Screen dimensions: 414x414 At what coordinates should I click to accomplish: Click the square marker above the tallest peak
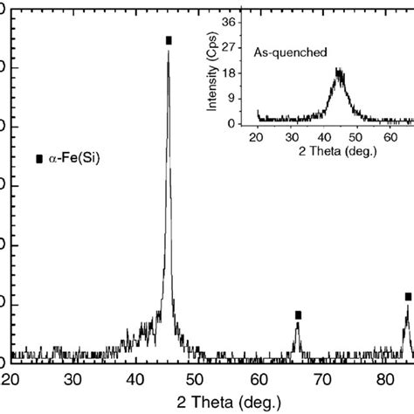pyautogui.click(x=169, y=40)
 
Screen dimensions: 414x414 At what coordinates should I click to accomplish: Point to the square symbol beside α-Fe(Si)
pyautogui.click(x=38, y=160)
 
